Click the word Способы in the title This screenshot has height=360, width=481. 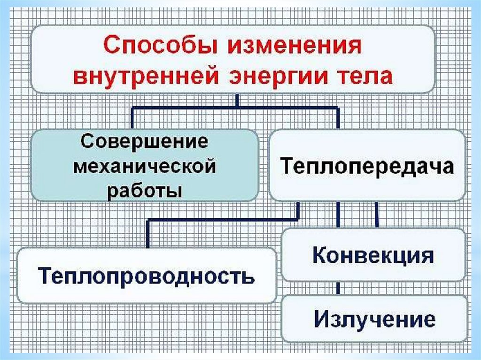tap(156, 48)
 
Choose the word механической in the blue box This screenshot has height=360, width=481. tap(144, 166)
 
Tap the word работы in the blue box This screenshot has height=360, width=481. tap(144, 191)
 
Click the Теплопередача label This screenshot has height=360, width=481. tap(367, 167)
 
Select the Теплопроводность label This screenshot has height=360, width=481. tap(146, 276)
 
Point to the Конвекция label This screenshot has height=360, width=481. tap(373, 256)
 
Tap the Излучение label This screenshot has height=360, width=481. tap(374, 320)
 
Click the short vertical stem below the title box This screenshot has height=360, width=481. tap(237, 100)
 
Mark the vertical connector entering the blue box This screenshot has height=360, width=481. tap(132, 118)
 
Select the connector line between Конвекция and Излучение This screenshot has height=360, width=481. tap(338, 289)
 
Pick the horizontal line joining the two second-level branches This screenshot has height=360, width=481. tap(235, 108)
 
